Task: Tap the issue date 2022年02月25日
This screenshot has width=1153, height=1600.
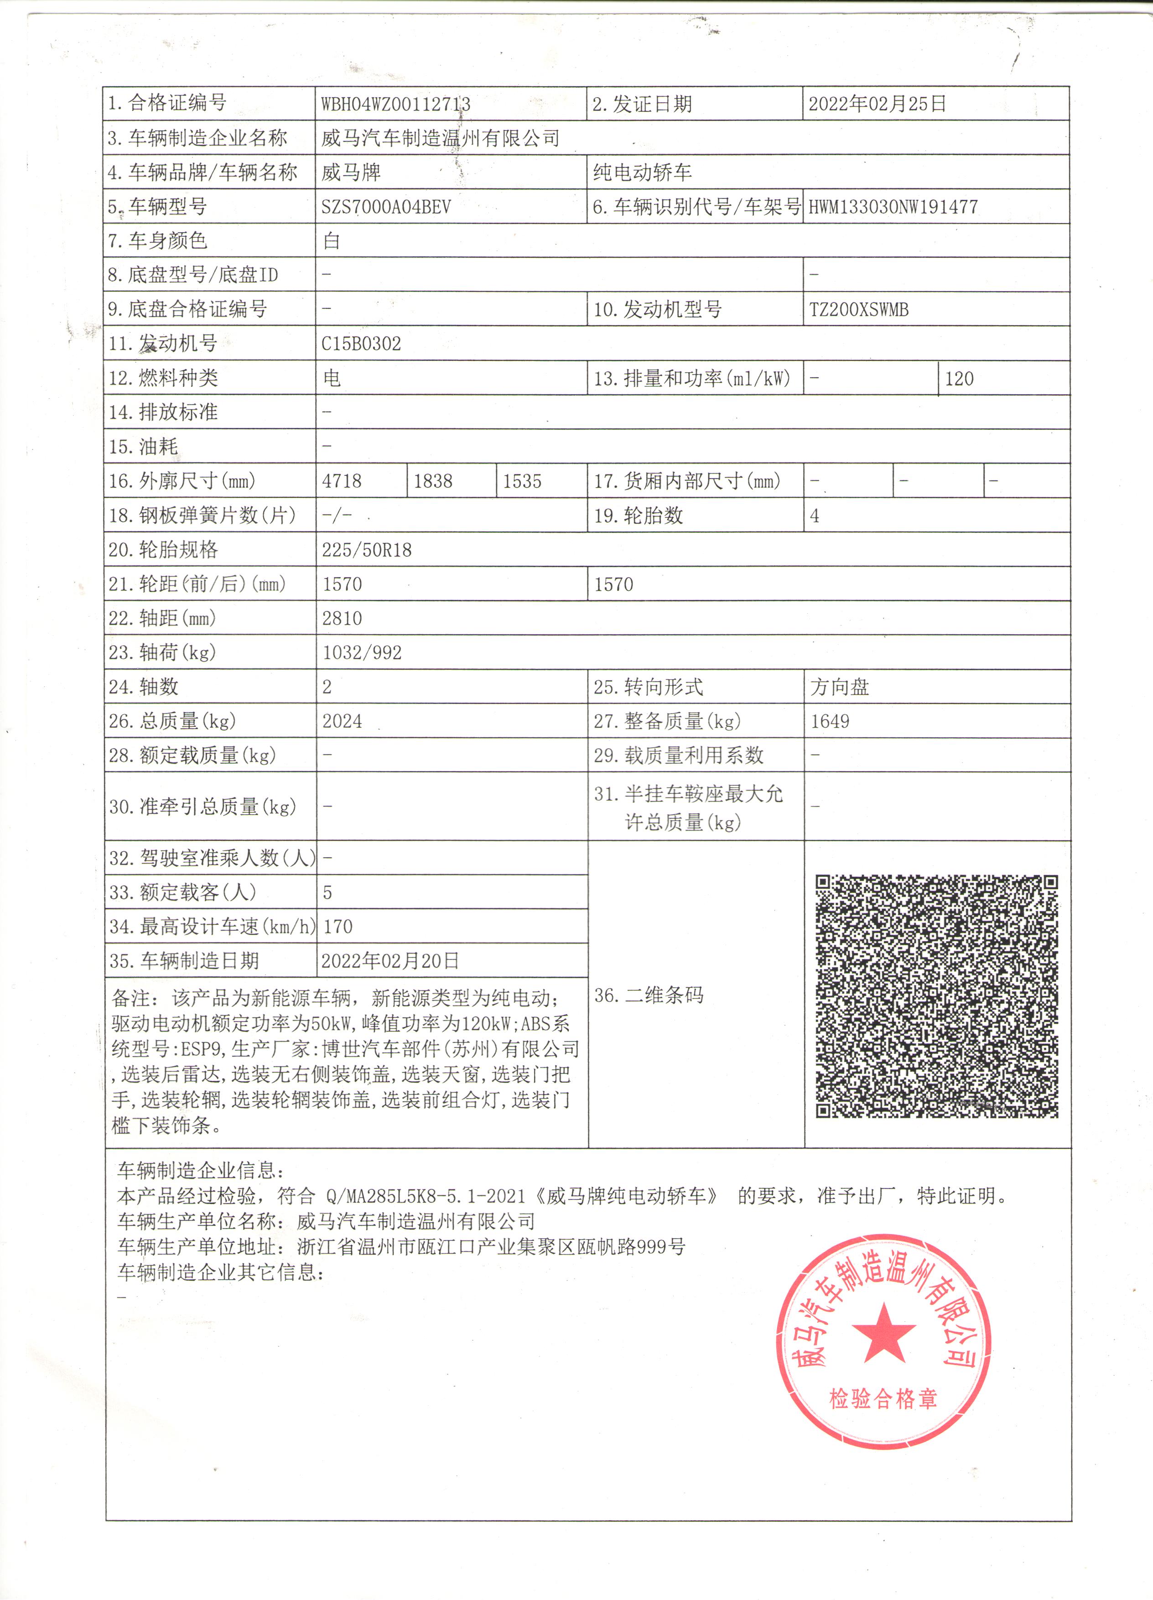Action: tap(877, 104)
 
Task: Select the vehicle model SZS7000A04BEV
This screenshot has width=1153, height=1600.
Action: tap(386, 207)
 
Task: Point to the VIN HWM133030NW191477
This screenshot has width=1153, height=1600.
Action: tap(893, 207)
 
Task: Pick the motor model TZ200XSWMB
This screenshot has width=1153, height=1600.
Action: tap(858, 310)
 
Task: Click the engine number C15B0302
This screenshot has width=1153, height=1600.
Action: tap(361, 344)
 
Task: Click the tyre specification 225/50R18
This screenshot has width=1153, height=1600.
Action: tap(367, 550)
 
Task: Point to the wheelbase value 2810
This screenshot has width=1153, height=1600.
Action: tap(342, 619)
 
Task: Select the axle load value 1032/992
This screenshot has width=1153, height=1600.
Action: tap(362, 652)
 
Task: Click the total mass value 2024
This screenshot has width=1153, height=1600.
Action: tap(342, 721)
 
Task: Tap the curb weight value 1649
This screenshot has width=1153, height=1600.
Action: tap(830, 721)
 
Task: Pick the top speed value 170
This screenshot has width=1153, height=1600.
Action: tap(338, 926)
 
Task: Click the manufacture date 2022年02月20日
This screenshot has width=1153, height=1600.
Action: tap(390, 960)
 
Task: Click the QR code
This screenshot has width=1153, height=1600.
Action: tap(936, 996)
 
